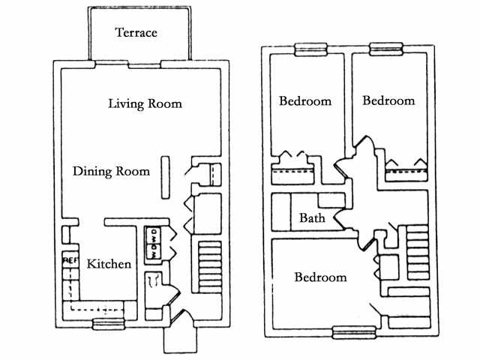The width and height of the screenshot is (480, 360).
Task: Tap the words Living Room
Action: click(x=145, y=103)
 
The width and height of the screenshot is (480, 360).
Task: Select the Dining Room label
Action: click(x=111, y=171)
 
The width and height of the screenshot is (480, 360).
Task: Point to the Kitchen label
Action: click(x=109, y=264)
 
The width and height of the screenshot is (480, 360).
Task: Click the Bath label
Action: click(x=311, y=219)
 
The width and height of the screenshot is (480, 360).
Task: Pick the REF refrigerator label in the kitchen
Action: click(x=70, y=260)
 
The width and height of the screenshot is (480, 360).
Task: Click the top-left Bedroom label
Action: click(x=305, y=101)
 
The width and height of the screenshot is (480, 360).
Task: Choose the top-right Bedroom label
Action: click(x=388, y=100)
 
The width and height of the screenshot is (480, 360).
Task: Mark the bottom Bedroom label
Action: click(x=320, y=277)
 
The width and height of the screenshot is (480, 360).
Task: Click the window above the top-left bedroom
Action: click(x=310, y=50)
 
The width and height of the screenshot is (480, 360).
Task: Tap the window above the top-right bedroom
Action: click(x=388, y=50)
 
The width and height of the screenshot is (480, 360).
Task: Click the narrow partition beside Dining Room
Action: click(x=165, y=175)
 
